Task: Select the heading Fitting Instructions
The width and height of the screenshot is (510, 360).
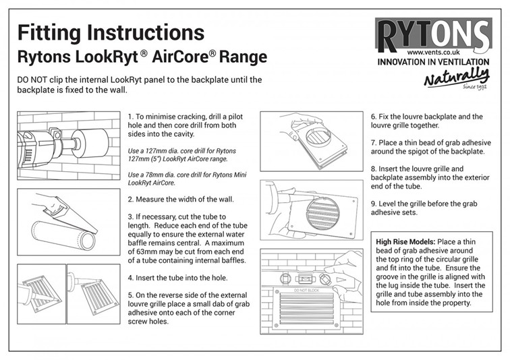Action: pos(111,32)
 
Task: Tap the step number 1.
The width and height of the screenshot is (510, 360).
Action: pos(130,117)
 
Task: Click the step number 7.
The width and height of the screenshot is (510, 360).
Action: pos(373,142)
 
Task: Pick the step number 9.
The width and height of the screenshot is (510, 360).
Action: pos(373,202)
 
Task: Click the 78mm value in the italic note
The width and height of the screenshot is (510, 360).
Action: pos(149,175)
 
